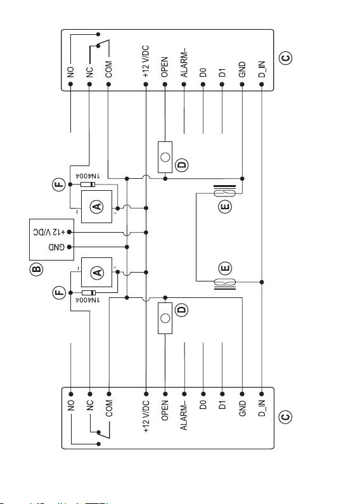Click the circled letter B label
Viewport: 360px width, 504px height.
[36, 269]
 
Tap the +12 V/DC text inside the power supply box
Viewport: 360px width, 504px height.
[49, 232]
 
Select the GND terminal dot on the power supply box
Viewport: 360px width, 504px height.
[69, 247]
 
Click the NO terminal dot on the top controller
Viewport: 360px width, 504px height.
[71, 84]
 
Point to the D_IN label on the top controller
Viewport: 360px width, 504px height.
[262, 69]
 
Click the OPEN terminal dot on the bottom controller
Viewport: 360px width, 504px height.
[165, 394]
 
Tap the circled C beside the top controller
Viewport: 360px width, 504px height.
[286, 58]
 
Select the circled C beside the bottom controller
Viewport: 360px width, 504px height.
[286, 417]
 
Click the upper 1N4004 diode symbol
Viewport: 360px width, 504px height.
[87, 184]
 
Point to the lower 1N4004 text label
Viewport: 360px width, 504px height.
[87, 300]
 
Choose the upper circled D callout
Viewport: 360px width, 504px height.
[182, 165]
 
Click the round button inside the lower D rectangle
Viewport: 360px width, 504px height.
[165, 318]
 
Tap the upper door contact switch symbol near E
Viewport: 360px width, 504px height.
[224, 193]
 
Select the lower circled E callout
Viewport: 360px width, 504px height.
[225, 268]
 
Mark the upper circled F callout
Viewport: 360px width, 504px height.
[59, 184]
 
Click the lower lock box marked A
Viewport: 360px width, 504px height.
[97, 272]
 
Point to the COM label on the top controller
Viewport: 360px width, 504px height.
[109, 69]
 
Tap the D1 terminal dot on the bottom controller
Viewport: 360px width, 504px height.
[222, 394]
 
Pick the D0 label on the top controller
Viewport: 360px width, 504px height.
[203, 73]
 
